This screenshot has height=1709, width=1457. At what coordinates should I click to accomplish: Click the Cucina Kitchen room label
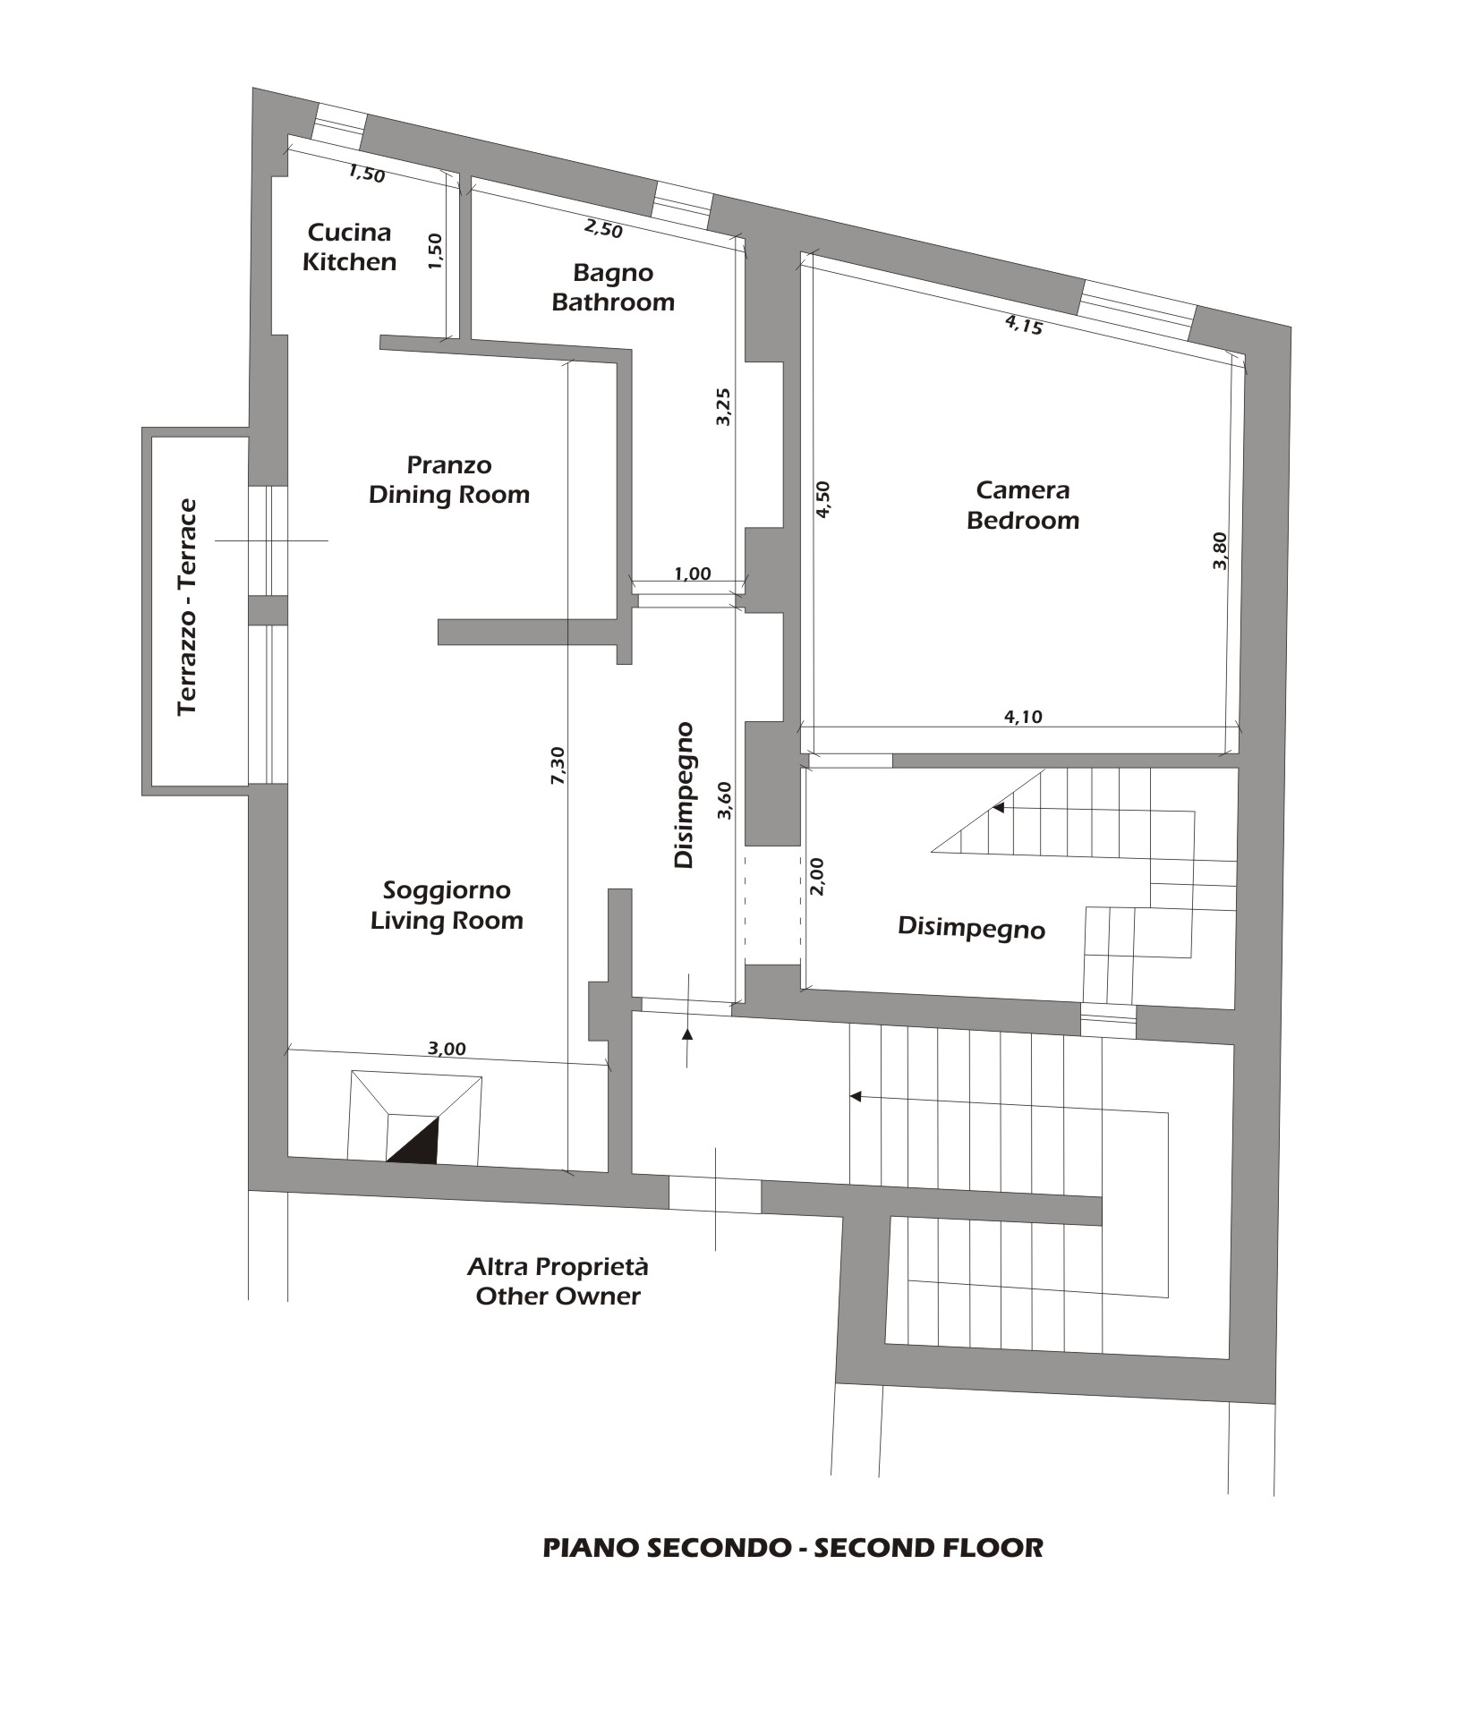point(349,247)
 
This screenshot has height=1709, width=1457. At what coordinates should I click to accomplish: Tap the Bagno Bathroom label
point(613,287)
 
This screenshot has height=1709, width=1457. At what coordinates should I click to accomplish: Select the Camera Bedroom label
point(1023,505)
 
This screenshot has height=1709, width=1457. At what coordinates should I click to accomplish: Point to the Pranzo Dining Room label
point(449,480)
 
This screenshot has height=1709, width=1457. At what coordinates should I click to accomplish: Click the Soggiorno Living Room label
point(447,905)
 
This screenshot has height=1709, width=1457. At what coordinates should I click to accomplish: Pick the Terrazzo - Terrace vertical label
point(187,608)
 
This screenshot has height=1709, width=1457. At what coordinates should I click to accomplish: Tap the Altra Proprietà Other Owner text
point(558,1281)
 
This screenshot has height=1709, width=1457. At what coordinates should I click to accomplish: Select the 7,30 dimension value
point(557,767)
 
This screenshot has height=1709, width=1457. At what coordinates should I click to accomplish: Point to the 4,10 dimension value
point(1024,716)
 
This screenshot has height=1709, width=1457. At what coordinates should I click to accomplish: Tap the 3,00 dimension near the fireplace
point(447,1049)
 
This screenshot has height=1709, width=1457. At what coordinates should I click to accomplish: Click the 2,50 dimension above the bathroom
point(603,228)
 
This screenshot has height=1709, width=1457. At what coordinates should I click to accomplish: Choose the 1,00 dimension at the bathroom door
point(692,574)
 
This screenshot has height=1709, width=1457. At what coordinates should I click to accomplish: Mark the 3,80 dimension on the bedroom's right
point(1221,550)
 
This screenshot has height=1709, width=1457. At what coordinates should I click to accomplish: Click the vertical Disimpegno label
point(684,795)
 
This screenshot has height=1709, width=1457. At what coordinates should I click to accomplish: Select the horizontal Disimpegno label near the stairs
point(971,928)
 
